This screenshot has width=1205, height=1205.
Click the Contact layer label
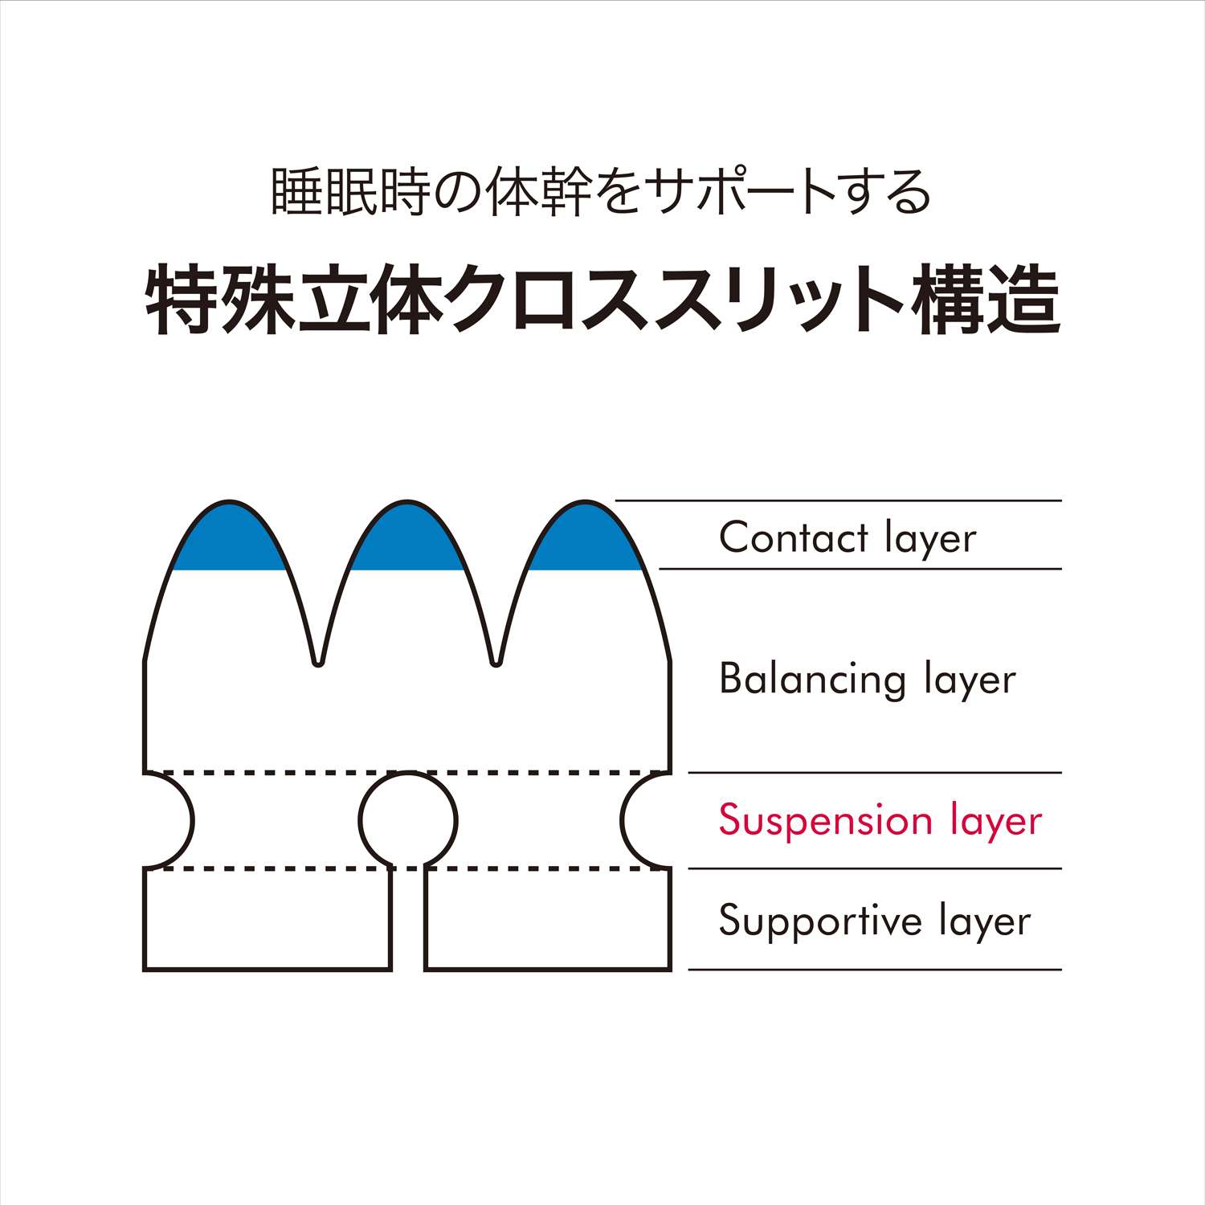click(848, 537)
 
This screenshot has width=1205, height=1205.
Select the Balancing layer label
click(867, 680)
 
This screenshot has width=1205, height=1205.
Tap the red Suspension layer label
click(880, 820)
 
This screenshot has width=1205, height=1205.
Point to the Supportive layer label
click(874, 921)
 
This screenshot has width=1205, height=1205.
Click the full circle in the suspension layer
click(408, 820)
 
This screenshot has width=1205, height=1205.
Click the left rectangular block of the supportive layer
click(268, 920)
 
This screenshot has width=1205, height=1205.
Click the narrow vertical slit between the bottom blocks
click(408, 924)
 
